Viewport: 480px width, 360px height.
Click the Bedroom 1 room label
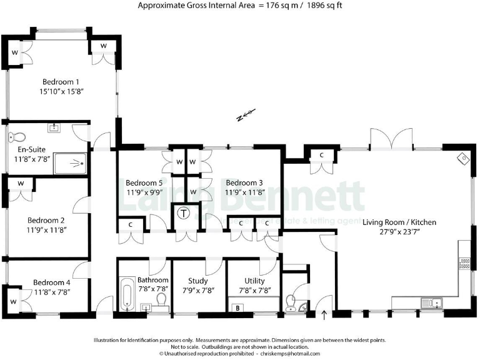[61, 81]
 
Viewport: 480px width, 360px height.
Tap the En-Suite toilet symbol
[18, 137]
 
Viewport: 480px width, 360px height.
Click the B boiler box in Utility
[237, 307]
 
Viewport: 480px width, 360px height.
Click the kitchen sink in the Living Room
[431, 303]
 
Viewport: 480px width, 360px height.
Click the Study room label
[197, 281]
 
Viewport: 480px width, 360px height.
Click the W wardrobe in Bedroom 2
[21, 184]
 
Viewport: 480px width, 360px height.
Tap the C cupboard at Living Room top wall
[321, 155]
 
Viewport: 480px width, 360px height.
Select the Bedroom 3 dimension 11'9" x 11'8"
[244, 192]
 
